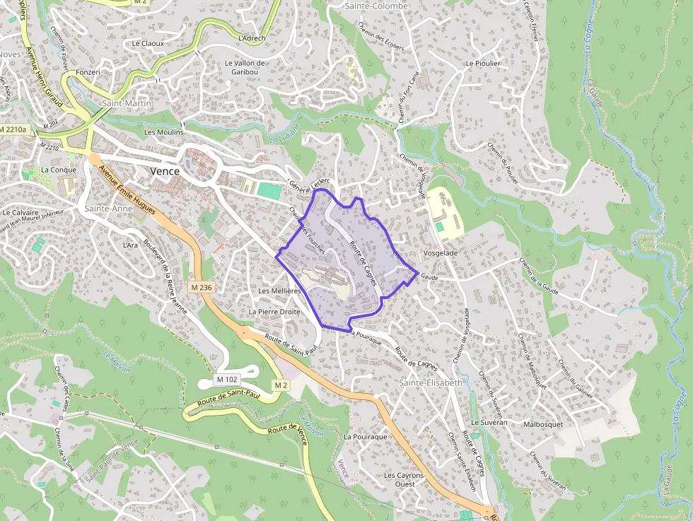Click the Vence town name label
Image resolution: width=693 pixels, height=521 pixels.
[165, 171]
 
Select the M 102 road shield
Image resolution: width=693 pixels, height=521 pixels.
[228, 380]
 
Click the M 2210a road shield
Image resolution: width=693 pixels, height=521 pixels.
[13, 129]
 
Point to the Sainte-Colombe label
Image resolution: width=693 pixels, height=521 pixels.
[376, 6]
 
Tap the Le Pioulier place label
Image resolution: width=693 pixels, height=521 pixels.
[483, 63]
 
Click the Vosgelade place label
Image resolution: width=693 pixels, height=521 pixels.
[440, 252]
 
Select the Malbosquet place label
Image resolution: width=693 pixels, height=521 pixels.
[543, 424]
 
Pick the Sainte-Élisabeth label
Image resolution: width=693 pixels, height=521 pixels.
[431, 382]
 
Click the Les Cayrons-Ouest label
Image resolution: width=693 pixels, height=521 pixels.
[404, 480]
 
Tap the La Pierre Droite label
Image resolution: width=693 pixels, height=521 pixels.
[274, 311]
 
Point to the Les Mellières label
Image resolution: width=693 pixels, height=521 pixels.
[280, 291]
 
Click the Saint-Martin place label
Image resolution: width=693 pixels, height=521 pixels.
[127, 103]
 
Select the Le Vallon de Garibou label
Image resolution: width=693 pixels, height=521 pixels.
[245, 67]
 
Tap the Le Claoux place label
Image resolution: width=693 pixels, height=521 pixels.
[148, 43]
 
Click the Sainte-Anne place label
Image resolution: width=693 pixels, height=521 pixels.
[108, 209]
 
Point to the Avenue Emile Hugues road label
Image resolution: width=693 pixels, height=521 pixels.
[129, 191]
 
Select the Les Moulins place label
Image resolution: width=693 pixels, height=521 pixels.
[163, 132]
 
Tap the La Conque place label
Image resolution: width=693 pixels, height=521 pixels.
[59, 170]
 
